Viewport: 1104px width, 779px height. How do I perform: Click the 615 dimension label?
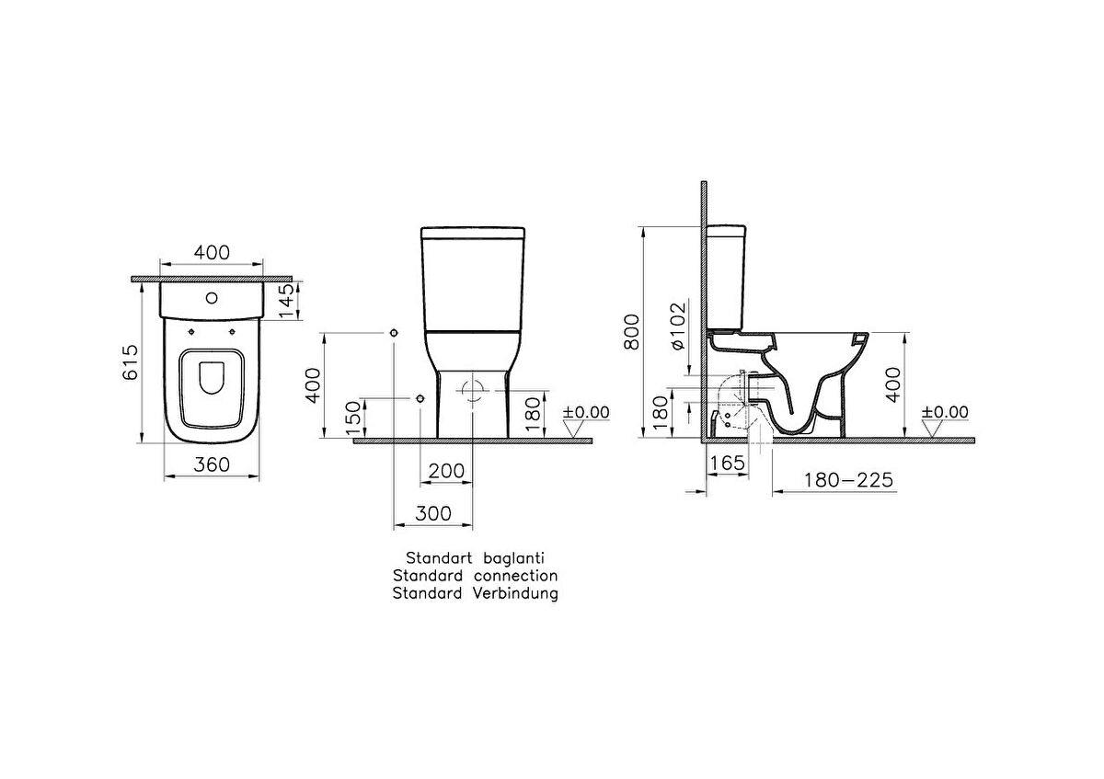[131, 362]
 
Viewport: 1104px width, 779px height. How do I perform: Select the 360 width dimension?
[212, 464]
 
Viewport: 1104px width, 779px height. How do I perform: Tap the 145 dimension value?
[286, 301]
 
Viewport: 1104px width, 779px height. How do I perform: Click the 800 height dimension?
[631, 332]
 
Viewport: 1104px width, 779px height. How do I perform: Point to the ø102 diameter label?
[678, 326]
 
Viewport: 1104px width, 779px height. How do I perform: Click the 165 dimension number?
[728, 463]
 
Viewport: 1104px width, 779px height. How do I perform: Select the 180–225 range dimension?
[848, 480]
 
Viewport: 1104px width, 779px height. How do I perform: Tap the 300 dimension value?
[433, 514]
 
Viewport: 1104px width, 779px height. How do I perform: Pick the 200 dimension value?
[446, 471]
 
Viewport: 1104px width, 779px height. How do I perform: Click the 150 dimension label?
[353, 418]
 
